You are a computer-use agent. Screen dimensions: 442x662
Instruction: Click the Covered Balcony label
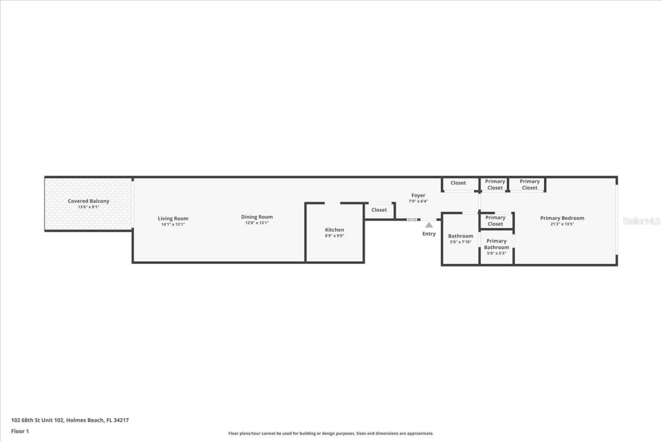88,201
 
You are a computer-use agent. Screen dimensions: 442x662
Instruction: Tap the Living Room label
173,218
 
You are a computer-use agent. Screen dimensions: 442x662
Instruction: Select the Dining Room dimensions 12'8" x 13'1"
257,223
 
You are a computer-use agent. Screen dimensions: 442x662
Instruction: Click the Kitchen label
334,230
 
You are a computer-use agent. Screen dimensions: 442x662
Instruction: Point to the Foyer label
418,195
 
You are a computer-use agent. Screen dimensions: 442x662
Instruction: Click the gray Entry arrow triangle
429,225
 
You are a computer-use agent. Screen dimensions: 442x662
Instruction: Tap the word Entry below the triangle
429,234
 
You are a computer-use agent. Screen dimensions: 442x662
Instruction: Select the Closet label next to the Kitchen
379,210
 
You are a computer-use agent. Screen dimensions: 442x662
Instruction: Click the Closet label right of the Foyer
458,183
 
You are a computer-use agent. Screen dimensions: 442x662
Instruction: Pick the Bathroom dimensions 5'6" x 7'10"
460,242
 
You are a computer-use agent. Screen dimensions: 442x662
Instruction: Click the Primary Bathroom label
496,244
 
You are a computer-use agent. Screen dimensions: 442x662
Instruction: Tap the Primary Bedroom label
562,218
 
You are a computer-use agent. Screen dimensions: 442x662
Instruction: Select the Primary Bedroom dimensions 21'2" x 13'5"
562,224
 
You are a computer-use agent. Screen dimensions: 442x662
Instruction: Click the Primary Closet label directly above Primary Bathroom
495,220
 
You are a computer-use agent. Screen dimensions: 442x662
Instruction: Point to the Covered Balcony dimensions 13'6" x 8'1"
88,207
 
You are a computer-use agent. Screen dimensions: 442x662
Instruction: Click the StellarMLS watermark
641,221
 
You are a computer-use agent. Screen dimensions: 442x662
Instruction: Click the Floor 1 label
20,431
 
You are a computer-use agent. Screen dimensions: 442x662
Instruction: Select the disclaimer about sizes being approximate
331,434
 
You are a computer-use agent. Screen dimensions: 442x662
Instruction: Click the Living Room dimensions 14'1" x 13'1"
173,225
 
